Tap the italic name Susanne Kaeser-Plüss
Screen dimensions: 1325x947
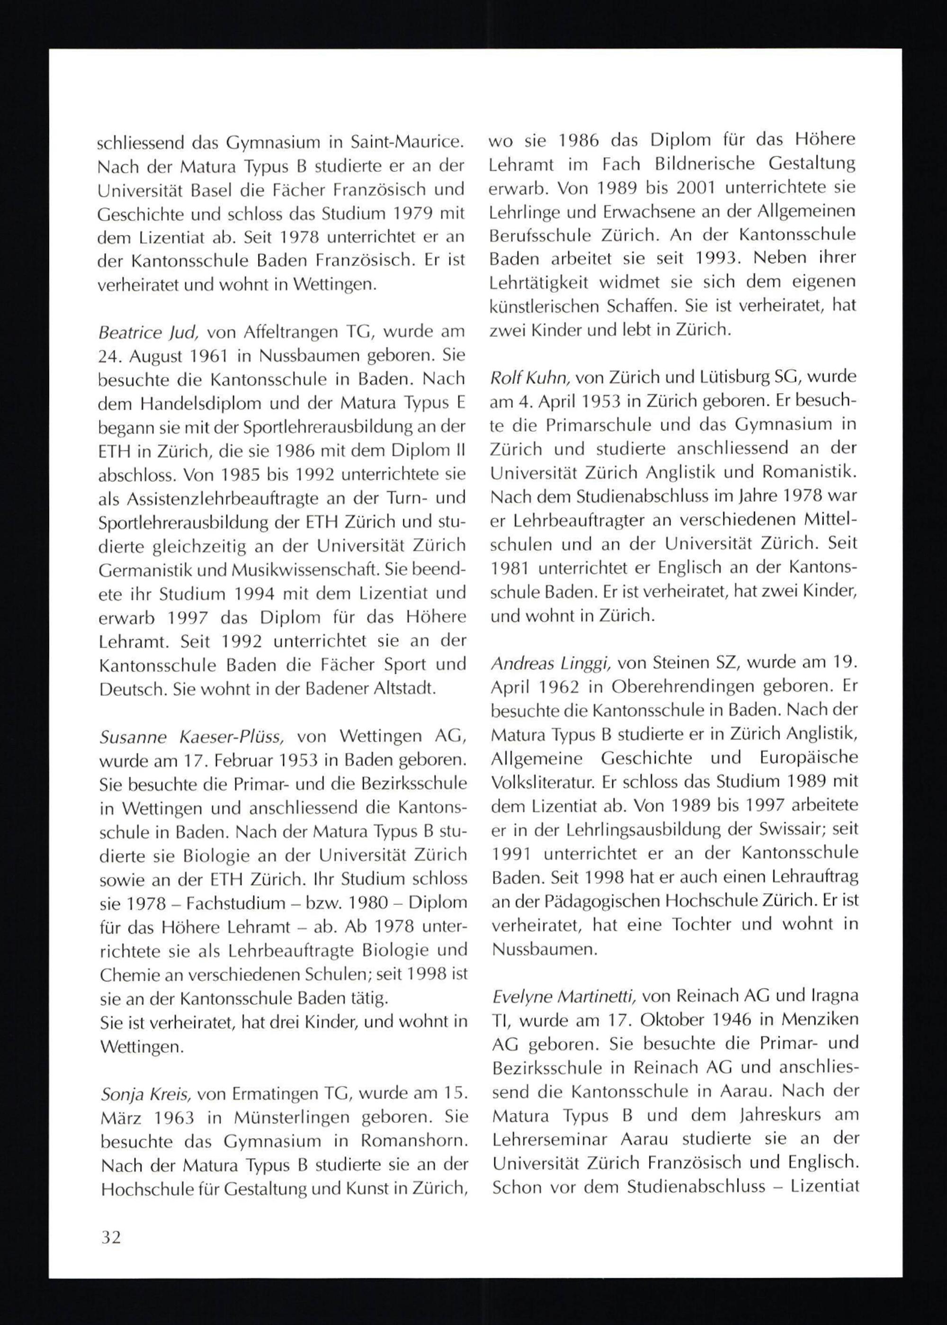pyautogui.click(x=192, y=737)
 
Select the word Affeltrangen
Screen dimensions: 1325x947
pyautogui.click(x=282, y=333)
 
